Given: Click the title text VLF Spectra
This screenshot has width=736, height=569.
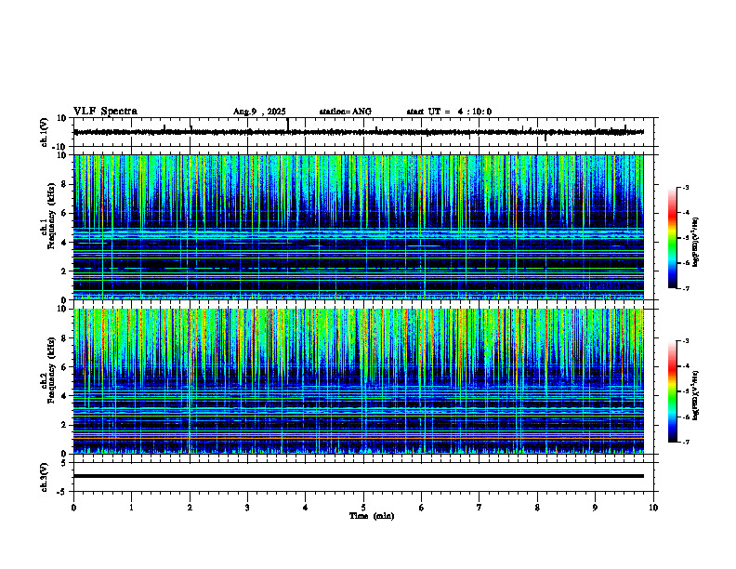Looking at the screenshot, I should pyautogui.click(x=105, y=111).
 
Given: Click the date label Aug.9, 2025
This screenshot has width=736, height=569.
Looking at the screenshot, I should pyautogui.click(x=261, y=112).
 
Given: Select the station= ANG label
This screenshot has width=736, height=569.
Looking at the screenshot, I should pyautogui.click(x=345, y=112).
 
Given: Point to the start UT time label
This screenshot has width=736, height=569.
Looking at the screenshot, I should pyautogui.click(x=449, y=112).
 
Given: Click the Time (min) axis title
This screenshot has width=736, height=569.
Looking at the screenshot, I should pyautogui.click(x=371, y=515).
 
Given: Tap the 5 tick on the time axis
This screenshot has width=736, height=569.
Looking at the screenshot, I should pyautogui.click(x=363, y=508).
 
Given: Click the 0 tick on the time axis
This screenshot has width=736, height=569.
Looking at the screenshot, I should pyautogui.click(x=73, y=508).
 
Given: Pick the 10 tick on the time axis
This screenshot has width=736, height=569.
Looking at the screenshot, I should pyautogui.click(x=653, y=508).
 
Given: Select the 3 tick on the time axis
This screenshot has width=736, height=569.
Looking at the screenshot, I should pyautogui.click(x=247, y=508).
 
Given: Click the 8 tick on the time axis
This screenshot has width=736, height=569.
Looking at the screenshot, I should pyautogui.click(x=537, y=508).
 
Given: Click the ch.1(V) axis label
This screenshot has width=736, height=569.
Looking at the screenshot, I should pyautogui.click(x=44, y=132).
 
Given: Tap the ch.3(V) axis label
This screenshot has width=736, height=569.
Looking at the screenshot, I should pyautogui.click(x=44, y=476).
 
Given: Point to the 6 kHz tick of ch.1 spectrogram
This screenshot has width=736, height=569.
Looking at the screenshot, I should pyautogui.click(x=63, y=213).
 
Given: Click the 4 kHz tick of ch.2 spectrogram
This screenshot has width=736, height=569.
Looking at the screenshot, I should pyautogui.click(x=63, y=395).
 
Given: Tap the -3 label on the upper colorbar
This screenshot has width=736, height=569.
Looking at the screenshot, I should pyautogui.click(x=685, y=188).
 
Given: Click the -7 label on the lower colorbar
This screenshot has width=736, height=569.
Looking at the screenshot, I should pyautogui.click(x=685, y=443).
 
